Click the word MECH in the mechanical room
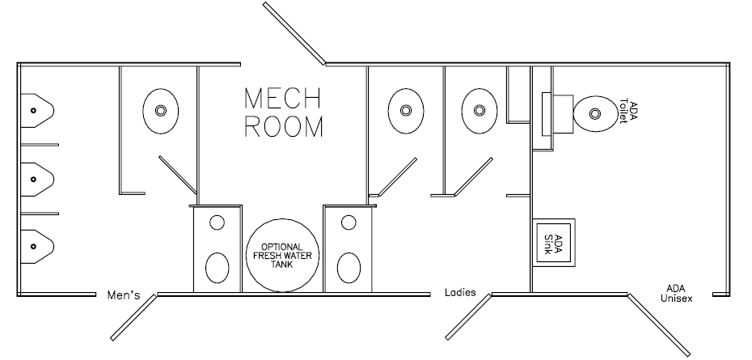click(x=282, y=98)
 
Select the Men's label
click(x=124, y=295)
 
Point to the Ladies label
click(x=460, y=292)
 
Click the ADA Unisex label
click(x=676, y=293)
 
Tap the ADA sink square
click(x=554, y=241)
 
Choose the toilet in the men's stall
click(x=161, y=110)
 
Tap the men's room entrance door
click(x=133, y=316)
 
